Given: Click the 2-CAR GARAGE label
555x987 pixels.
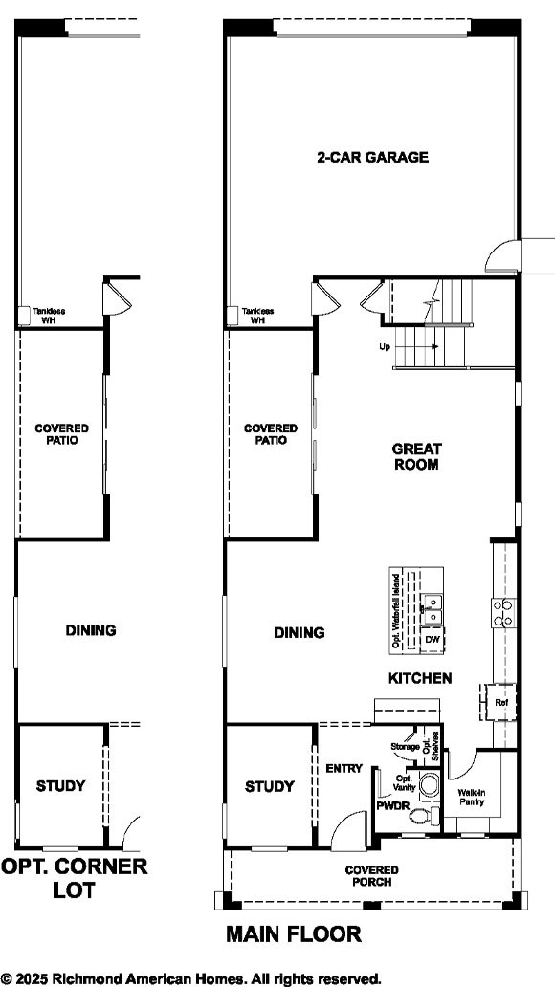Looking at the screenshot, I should point(372,157).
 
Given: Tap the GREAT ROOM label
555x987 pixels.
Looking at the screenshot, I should point(416,456).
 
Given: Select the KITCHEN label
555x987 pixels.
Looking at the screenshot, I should point(419,678).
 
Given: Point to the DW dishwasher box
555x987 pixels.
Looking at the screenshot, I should point(432,638).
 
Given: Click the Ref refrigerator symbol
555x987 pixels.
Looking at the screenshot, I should point(500,702).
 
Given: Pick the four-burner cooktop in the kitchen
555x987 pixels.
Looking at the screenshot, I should point(502,612).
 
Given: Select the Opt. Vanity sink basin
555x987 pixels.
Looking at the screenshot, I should point(428,786).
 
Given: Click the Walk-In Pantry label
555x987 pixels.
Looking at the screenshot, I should point(470,797).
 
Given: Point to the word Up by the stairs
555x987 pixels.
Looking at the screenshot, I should point(384,347).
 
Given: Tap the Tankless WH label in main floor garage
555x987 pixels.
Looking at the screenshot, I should point(257,317).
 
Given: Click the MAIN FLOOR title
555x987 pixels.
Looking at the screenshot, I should point(294,934).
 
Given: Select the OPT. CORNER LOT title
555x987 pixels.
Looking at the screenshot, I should point(74,878).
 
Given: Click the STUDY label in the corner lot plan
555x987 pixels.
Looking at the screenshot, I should point(60,786).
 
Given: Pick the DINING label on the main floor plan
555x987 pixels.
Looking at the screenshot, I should point(299,632).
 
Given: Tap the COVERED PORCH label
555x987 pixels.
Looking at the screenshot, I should point(372,875).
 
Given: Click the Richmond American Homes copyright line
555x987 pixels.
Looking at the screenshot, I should point(191,977).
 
